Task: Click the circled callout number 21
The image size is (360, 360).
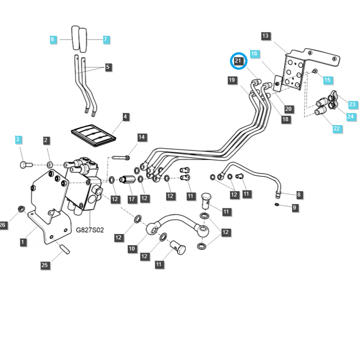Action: coord(238,61)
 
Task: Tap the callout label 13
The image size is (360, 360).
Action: coord(265,36)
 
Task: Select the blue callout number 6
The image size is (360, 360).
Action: coord(53,40)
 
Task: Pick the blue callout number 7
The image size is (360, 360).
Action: coord(106,40)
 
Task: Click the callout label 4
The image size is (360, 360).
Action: coord(125,117)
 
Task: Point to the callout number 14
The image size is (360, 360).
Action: coord(141,137)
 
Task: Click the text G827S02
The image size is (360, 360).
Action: coord(90,230)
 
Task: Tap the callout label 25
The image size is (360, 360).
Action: coord(45,265)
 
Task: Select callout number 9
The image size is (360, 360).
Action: coord(295,207)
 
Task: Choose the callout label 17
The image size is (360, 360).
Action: coord(132,198)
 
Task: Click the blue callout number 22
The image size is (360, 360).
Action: coord(337,129)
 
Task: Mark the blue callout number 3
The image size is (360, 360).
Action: coord(18,140)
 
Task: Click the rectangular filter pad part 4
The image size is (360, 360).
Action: coord(94,135)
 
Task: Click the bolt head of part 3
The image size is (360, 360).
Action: coord(24,165)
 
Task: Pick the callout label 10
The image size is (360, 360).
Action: coord(132,248)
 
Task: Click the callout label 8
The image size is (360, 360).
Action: coord(299,195)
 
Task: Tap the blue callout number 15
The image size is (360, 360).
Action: coord(327,80)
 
